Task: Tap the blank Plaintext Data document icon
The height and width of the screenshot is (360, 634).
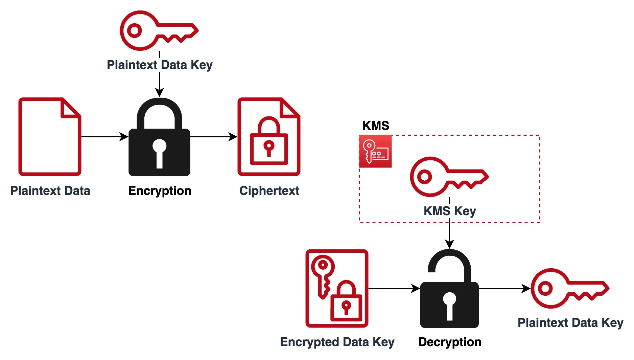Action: pos(50,137)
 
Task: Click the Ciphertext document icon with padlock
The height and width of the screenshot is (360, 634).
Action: pos(269,137)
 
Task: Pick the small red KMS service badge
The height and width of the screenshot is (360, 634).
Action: pos(375,151)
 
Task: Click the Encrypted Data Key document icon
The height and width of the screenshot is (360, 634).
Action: pos(337,288)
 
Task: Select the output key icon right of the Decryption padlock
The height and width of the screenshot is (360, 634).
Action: pos(569,288)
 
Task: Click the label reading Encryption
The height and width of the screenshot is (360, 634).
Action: pos(160,191)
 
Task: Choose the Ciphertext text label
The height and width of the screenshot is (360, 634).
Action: pos(269,191)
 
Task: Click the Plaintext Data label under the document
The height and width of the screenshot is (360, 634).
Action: pos(50,191)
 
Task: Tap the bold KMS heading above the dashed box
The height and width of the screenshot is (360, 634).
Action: pos(376,126)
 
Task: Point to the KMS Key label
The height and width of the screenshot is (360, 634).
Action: pos(450,211)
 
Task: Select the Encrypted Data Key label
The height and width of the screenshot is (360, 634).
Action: pos(337,342)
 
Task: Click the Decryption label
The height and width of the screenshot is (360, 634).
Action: pos(450,342)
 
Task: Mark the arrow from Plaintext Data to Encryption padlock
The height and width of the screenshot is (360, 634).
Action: pos(104,137)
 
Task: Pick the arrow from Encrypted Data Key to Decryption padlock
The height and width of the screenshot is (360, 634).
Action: pos(394,289)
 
